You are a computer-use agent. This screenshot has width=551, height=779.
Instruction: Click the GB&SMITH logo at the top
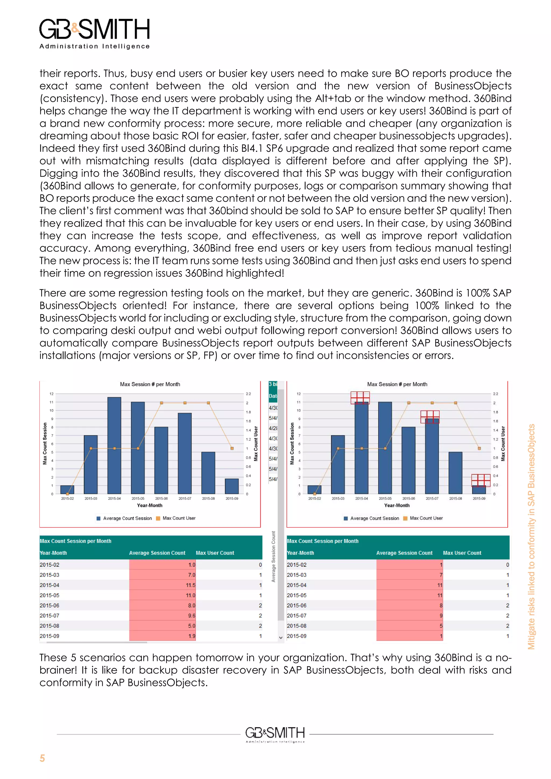tap(94, 33)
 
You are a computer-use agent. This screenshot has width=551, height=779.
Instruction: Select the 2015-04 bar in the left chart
tap(114, 445)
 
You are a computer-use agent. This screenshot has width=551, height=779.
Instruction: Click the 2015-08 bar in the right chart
tap(455, 473)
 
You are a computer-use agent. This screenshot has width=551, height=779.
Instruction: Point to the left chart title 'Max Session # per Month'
tap(150, 384)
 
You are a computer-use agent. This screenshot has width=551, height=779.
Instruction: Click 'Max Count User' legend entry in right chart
tap(426, 518)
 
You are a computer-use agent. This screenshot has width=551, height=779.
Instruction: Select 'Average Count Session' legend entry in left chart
tap(127, 518)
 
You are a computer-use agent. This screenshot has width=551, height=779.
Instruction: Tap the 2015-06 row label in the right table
tap(296, 605)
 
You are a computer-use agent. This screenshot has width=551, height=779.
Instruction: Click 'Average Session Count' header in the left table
tap(157, 553)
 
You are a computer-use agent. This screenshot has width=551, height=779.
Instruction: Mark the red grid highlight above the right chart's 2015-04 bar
tap(360, 398)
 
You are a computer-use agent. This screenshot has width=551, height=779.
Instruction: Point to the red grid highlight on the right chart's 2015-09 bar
tap(481, 480)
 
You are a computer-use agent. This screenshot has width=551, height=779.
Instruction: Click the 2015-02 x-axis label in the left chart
tap(67, 498)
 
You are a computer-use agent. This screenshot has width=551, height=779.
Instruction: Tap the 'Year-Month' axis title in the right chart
tap(397, 505)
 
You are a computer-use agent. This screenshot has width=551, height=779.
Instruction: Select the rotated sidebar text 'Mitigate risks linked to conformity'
tap(531, 536)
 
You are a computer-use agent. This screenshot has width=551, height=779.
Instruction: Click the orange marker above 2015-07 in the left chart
tap(185, 403)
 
